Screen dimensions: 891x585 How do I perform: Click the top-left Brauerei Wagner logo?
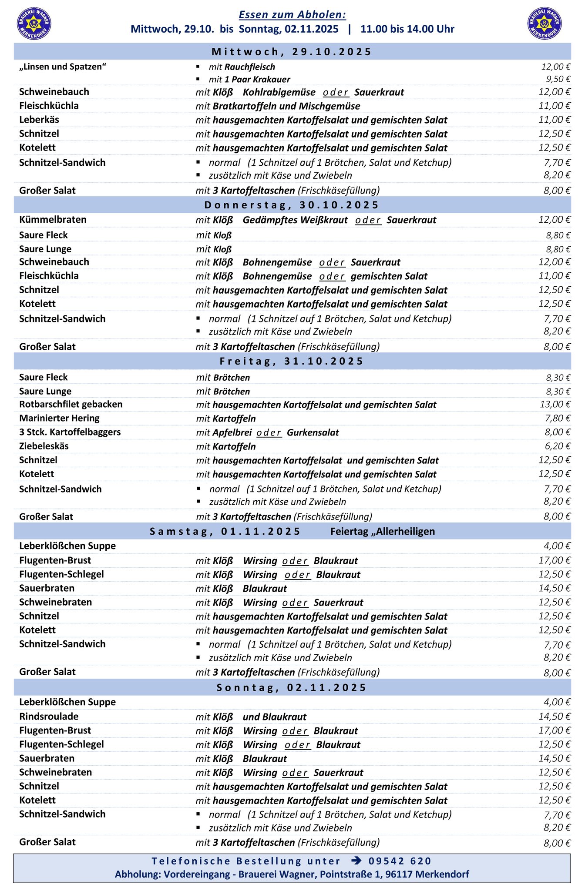pos(34,23)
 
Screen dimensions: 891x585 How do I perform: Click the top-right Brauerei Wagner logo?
pos(544,23)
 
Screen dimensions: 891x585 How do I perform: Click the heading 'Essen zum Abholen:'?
pos(292,15)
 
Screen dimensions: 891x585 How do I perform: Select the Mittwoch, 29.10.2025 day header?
pos(292,52)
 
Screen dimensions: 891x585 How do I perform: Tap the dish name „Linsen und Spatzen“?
pos(63,67)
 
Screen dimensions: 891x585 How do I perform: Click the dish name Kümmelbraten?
pos(53,220)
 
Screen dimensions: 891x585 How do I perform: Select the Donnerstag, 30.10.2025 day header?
pos(292,205)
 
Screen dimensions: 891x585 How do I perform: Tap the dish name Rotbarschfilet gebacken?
pos(71,405)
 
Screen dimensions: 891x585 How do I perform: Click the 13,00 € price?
pos(555,405)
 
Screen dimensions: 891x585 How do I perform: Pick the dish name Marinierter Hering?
pos(59,419)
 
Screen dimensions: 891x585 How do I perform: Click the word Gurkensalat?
pos(313,432)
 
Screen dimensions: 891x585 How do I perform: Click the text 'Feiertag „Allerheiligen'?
pos(383,531)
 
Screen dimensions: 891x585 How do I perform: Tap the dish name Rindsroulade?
pos(49,717)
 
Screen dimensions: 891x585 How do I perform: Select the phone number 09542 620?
pos(400,861)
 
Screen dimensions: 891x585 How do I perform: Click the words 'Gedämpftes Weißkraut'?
pos(295,220)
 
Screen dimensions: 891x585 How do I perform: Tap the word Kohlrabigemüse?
pos(279,92)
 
